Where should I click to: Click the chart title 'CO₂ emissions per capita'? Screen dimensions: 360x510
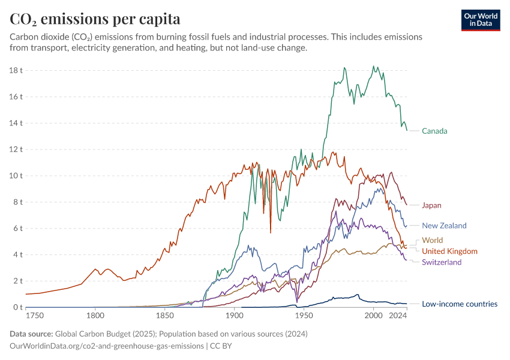95,19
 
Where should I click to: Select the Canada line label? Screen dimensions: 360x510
434,131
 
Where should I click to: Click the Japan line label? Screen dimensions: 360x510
431,205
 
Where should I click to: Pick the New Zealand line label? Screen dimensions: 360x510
444,226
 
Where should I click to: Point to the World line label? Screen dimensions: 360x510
432,240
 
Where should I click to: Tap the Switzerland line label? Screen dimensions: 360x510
442,262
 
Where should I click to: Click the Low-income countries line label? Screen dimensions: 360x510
460,304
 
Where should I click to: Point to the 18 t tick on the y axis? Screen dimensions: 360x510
16,70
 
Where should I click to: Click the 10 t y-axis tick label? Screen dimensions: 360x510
16,176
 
